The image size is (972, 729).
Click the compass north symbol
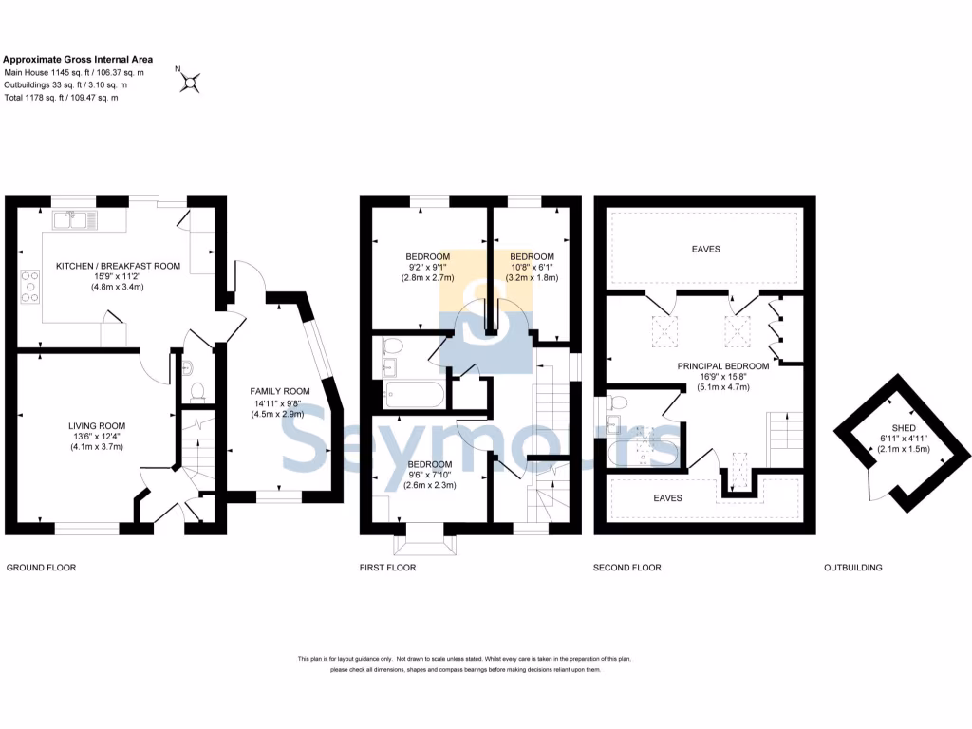click(190, 83)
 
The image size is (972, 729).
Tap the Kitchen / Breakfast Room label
click(118, 266)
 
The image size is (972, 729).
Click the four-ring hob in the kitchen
click(29, 286)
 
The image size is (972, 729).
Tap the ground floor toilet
click(197, 389)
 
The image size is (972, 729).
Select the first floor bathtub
click(412, 392)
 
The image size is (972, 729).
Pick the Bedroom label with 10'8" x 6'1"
click(532, 256)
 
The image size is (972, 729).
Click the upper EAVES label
click(705, 249)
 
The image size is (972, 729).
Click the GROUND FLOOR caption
click(41, 568)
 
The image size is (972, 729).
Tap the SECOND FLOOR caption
click(627, 568)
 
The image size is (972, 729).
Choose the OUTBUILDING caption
click(852, 568)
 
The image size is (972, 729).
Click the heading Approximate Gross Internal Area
click(78, 59)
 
